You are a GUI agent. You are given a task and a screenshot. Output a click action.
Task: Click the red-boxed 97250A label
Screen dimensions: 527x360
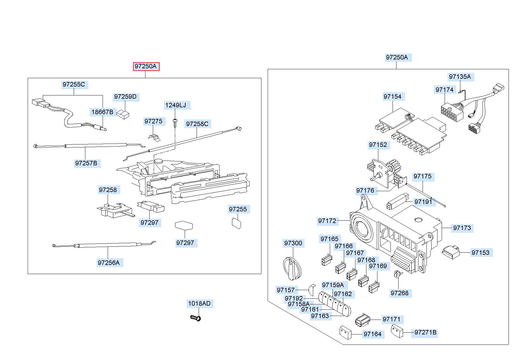[x=146, y=66]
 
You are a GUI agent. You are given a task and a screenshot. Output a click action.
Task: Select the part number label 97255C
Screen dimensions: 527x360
[x=74, y=84]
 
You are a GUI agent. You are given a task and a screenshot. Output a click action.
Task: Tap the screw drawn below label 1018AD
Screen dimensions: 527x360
[x=196, y=318]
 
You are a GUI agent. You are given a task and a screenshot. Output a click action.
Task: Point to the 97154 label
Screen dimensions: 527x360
[x=392, y=97]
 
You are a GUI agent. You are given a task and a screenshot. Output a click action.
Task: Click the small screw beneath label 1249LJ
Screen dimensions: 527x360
[x=175, y=122]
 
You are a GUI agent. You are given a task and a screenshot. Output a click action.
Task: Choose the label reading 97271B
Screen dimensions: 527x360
[x=426, y=332]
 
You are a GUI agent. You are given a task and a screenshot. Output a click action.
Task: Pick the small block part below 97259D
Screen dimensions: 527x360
[x=123, y=114]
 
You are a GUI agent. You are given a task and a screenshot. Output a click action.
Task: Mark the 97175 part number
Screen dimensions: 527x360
[x=422, y=176]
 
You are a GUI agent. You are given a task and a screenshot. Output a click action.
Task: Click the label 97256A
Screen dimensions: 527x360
[x=109, y=262]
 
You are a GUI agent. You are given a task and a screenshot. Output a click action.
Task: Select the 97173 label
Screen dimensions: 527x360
[x=462, y=228]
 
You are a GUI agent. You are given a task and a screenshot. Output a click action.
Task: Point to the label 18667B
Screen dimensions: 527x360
[x=102, y=112]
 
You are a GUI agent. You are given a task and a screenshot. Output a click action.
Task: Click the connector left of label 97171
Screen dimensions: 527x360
[x=363, y=320]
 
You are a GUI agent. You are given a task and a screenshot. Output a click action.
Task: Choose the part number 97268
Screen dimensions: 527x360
[x=400, y=293]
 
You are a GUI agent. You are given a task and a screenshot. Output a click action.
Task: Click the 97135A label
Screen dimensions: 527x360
[x=460, y=77]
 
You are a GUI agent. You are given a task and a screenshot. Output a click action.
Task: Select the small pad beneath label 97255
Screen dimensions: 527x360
[x=236, y=223]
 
